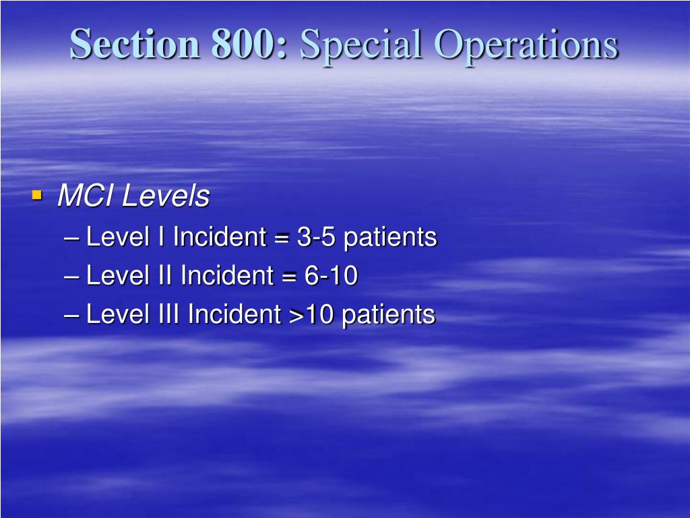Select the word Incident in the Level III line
tap(234, 314)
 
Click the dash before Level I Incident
tap(75, 237)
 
